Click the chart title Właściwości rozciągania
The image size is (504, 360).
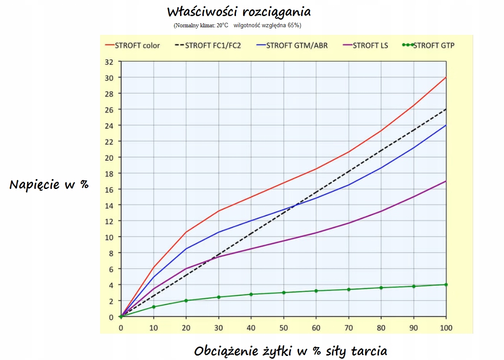239,11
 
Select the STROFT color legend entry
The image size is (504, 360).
133,45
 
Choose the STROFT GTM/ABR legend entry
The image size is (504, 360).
292,45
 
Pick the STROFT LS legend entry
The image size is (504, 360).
365,45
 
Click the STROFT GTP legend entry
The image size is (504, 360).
428,45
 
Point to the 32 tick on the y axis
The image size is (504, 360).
109,62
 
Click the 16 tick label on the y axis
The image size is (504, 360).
109,189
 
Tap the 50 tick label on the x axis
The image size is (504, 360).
283,328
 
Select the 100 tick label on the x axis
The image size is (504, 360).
446,328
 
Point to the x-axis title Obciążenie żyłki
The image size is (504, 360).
290,351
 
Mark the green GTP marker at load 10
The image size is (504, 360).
154,307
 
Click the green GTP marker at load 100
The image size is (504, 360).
446,285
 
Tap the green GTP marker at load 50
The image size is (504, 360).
283,293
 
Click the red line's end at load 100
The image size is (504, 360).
446,78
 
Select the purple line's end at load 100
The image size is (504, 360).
446,181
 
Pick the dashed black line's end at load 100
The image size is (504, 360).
446,109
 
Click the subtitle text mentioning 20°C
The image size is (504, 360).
237,25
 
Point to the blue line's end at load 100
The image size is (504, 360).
446,126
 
